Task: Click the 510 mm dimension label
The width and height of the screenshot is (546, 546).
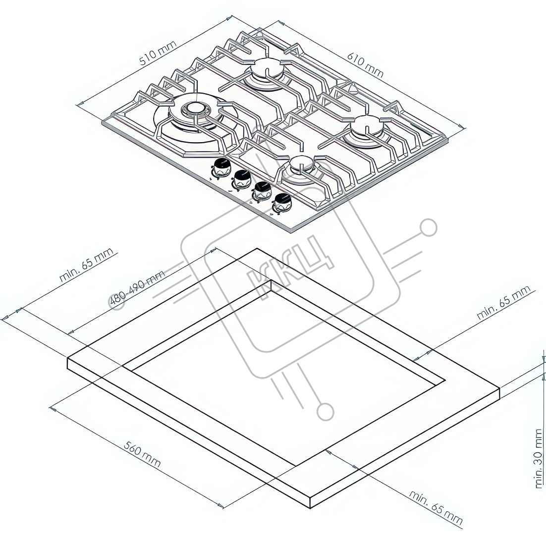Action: click(x=158, y=53)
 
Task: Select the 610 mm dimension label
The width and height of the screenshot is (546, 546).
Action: click(x=365, y=65)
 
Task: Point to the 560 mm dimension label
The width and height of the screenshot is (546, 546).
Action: click(x=142, y=454)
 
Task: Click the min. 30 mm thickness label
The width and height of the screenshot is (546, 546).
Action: click(x=539, y=458)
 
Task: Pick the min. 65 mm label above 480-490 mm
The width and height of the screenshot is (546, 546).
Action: click(x=86, y=265)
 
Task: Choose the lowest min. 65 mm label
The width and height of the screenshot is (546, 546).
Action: click(x=436, y=508)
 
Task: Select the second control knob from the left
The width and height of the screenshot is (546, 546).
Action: click(x=242, y=179)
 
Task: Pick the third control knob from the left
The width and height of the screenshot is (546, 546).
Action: click(x=262, y=192)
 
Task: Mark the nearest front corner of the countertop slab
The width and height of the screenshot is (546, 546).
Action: click(x=310, y=498)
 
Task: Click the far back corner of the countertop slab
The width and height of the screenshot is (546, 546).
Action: click(x=257, y=249)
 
